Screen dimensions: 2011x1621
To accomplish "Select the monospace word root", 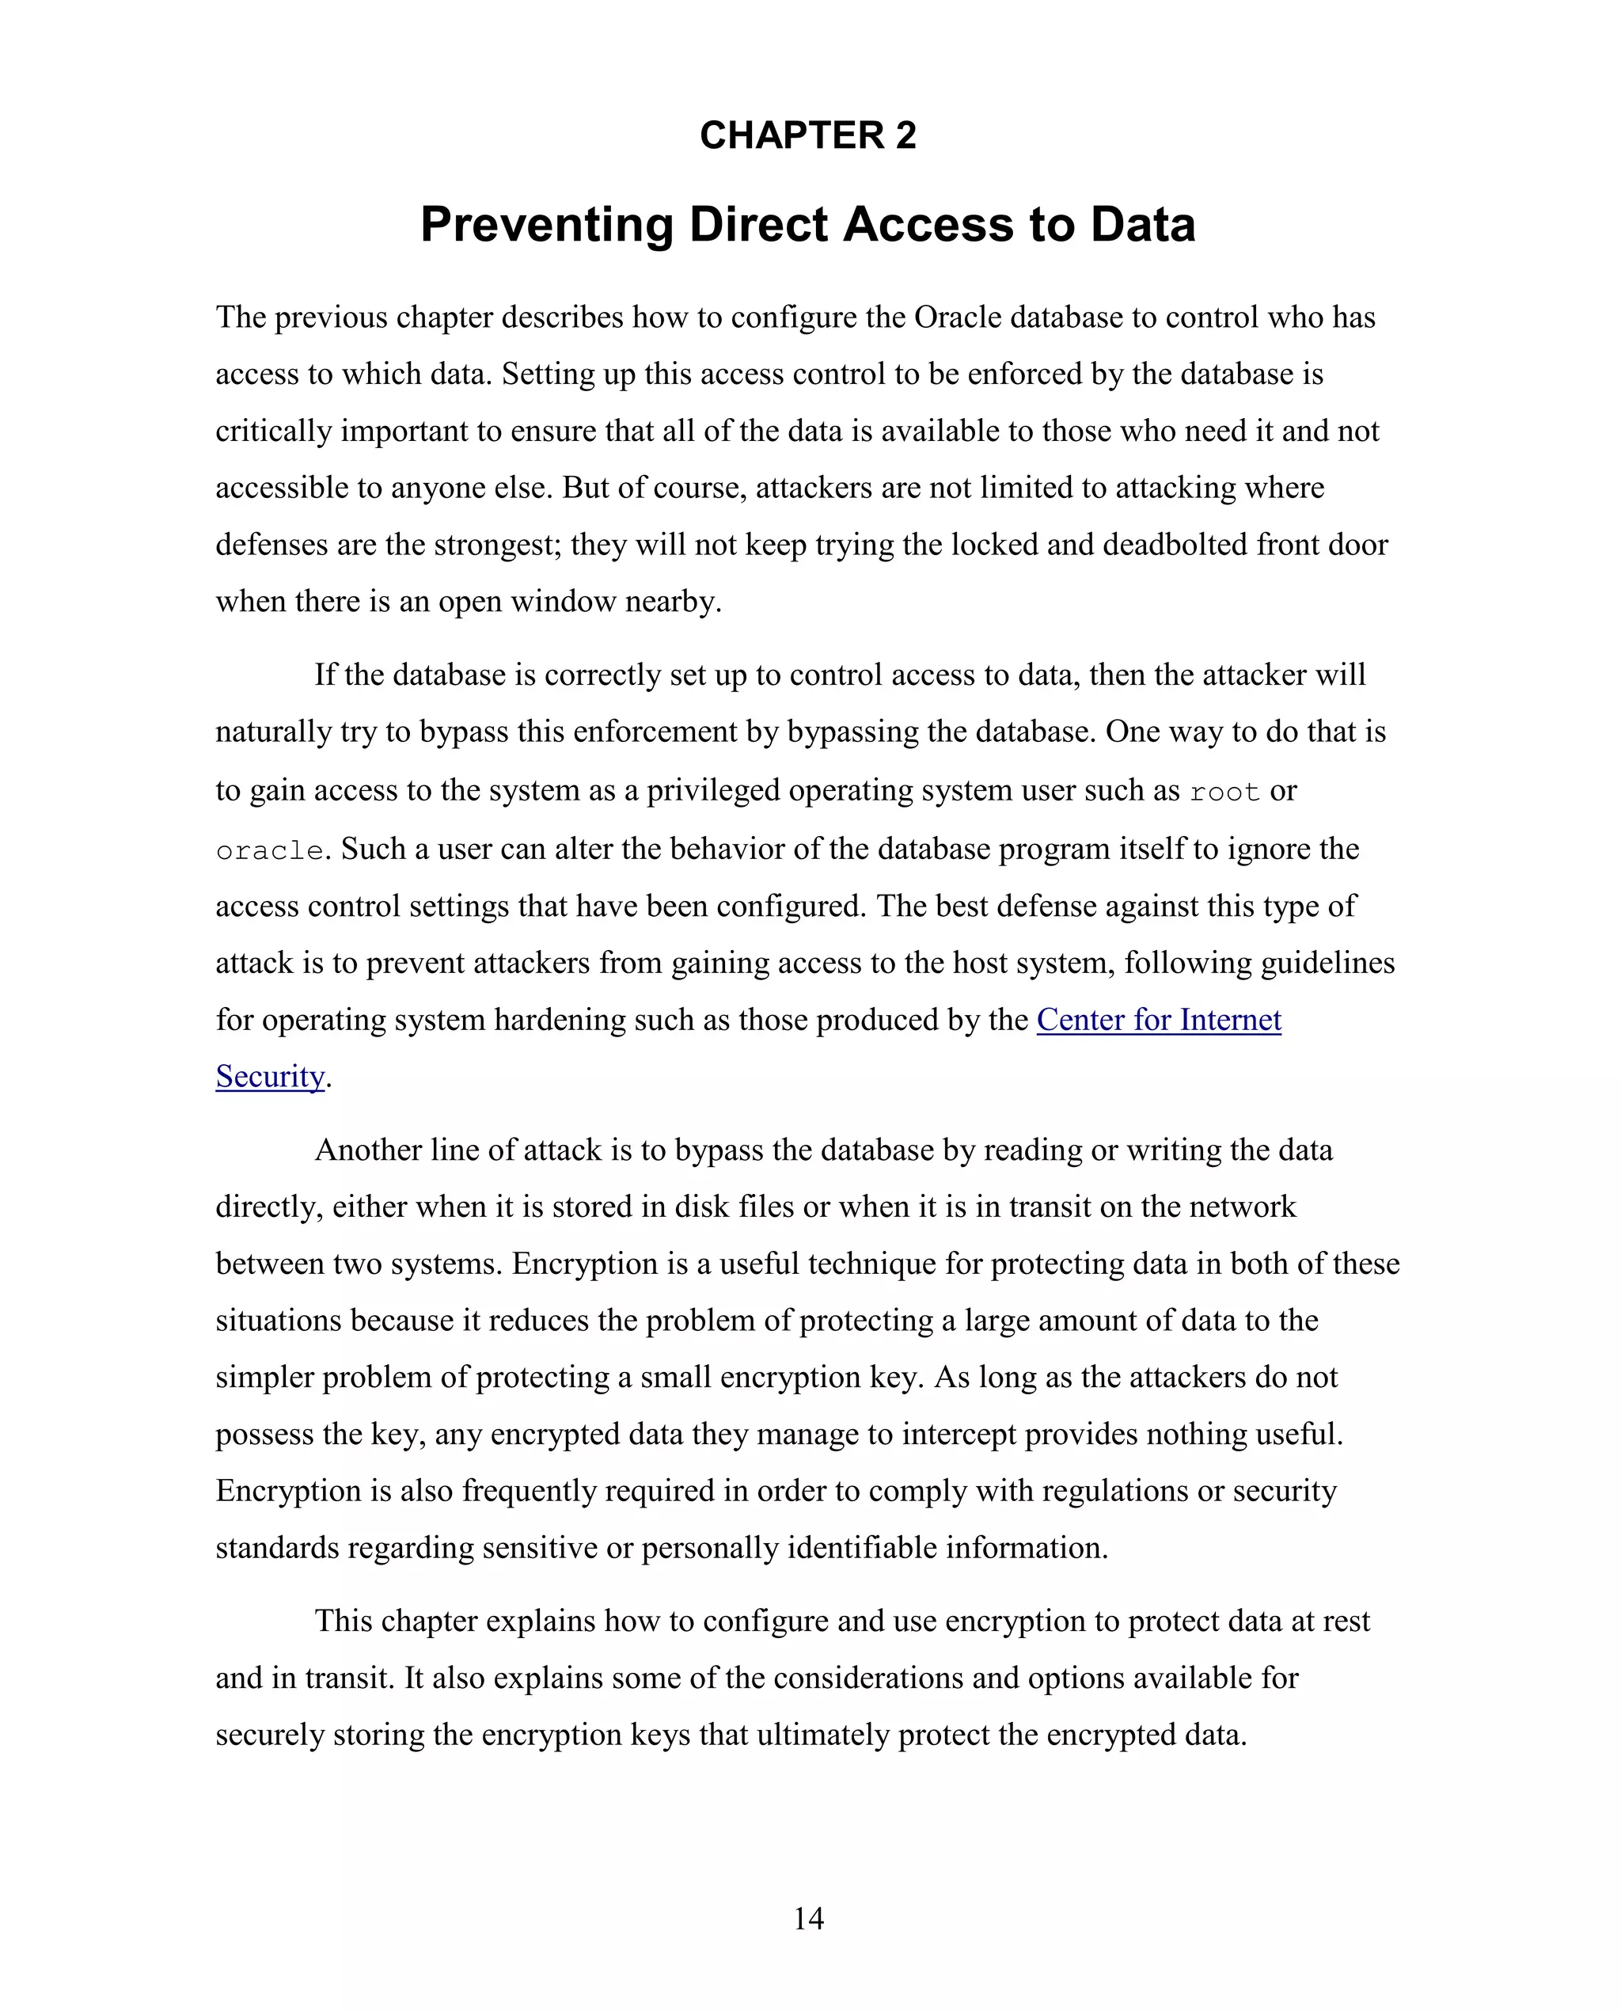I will (x=1224, y=792).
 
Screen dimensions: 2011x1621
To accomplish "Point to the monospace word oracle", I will (x=269, y=851).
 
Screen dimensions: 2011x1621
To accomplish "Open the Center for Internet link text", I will (x=1158, y=1019).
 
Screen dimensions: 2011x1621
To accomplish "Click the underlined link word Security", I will (x=270, y=1076).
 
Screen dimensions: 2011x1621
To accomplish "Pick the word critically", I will (x=274, y=431).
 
